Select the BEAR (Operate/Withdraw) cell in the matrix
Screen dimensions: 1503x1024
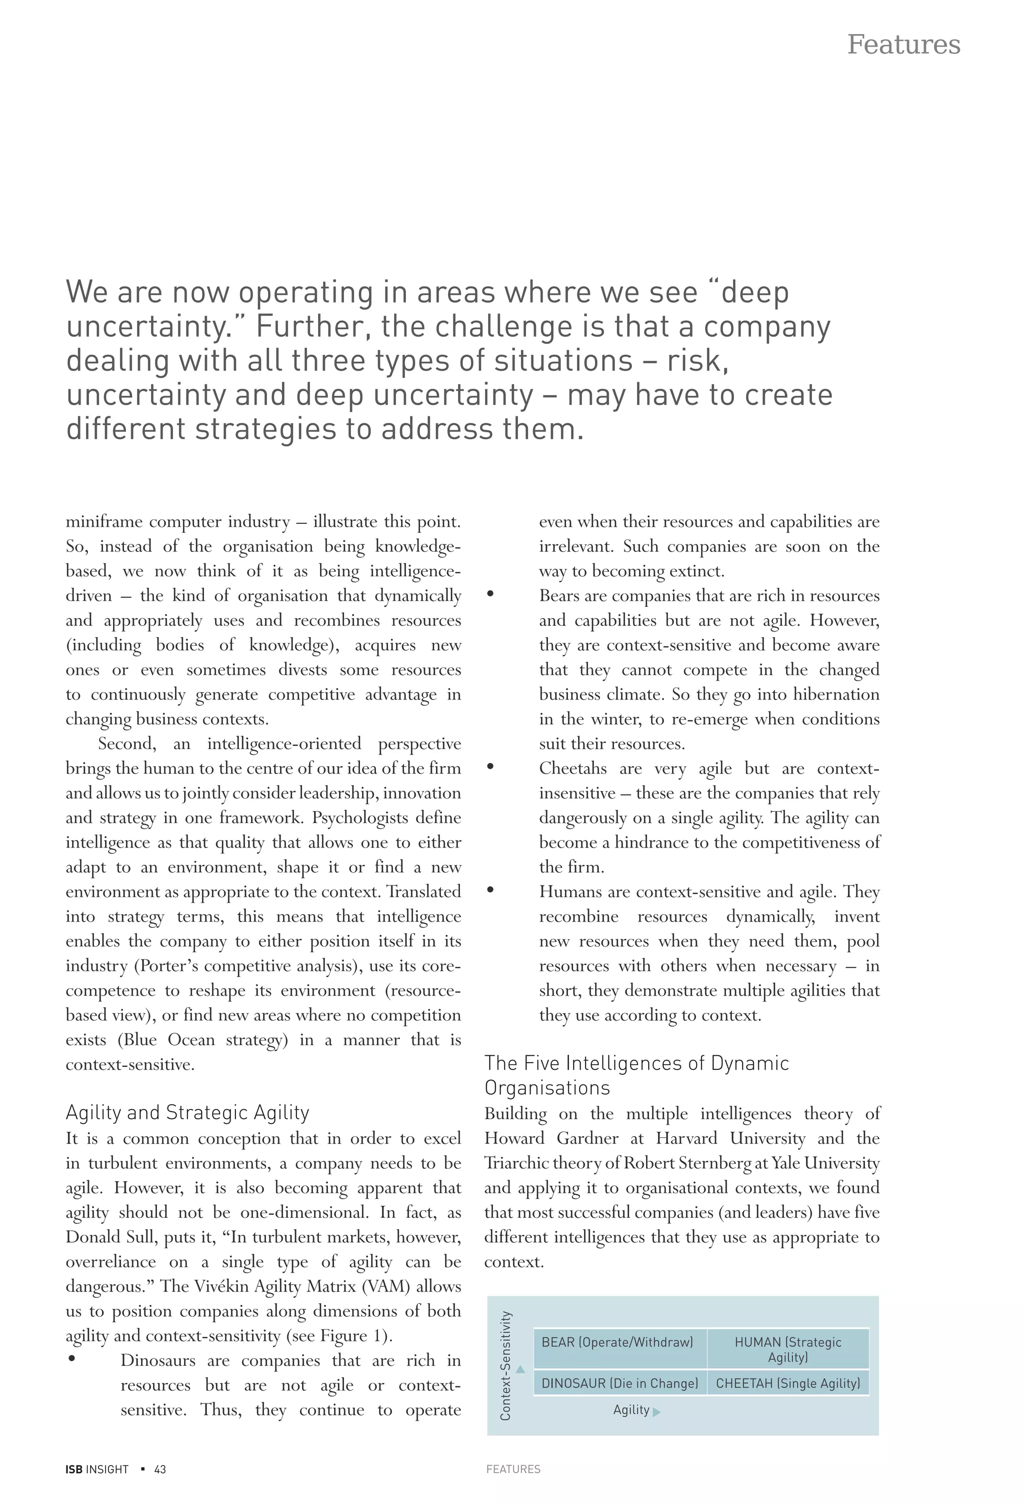(616, 1342)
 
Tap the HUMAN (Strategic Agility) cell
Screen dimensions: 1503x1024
(787, 1349)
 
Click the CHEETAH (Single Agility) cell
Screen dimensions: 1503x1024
(787, 1383)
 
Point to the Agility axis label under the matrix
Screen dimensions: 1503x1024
(631, 1410)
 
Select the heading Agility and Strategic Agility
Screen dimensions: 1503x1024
(187, 1112)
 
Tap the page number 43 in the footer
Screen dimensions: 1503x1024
(159, 1469)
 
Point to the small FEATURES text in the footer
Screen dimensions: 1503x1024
(513, 1469)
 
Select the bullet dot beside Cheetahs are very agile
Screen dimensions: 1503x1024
(490, 767)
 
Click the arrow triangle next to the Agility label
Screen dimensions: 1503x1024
(657, 1412)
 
